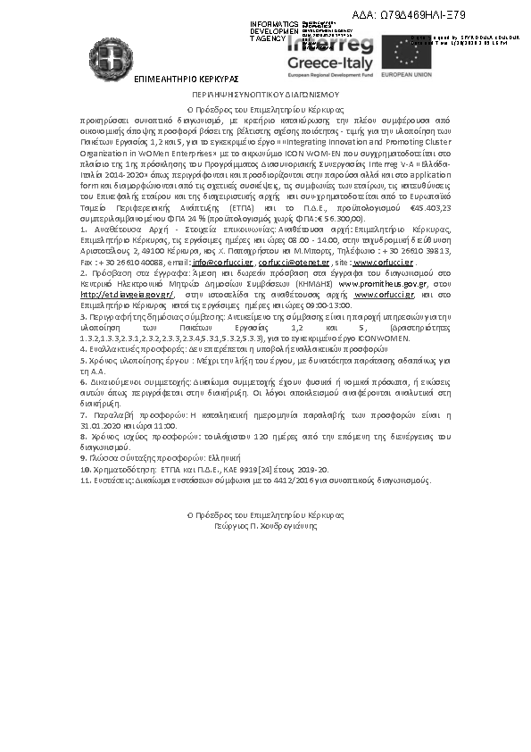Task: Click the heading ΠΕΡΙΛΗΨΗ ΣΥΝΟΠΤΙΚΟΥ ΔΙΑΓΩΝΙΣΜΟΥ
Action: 265,93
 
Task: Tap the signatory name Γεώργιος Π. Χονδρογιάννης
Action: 265,526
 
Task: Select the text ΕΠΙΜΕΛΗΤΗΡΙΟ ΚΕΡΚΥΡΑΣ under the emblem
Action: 186,79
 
